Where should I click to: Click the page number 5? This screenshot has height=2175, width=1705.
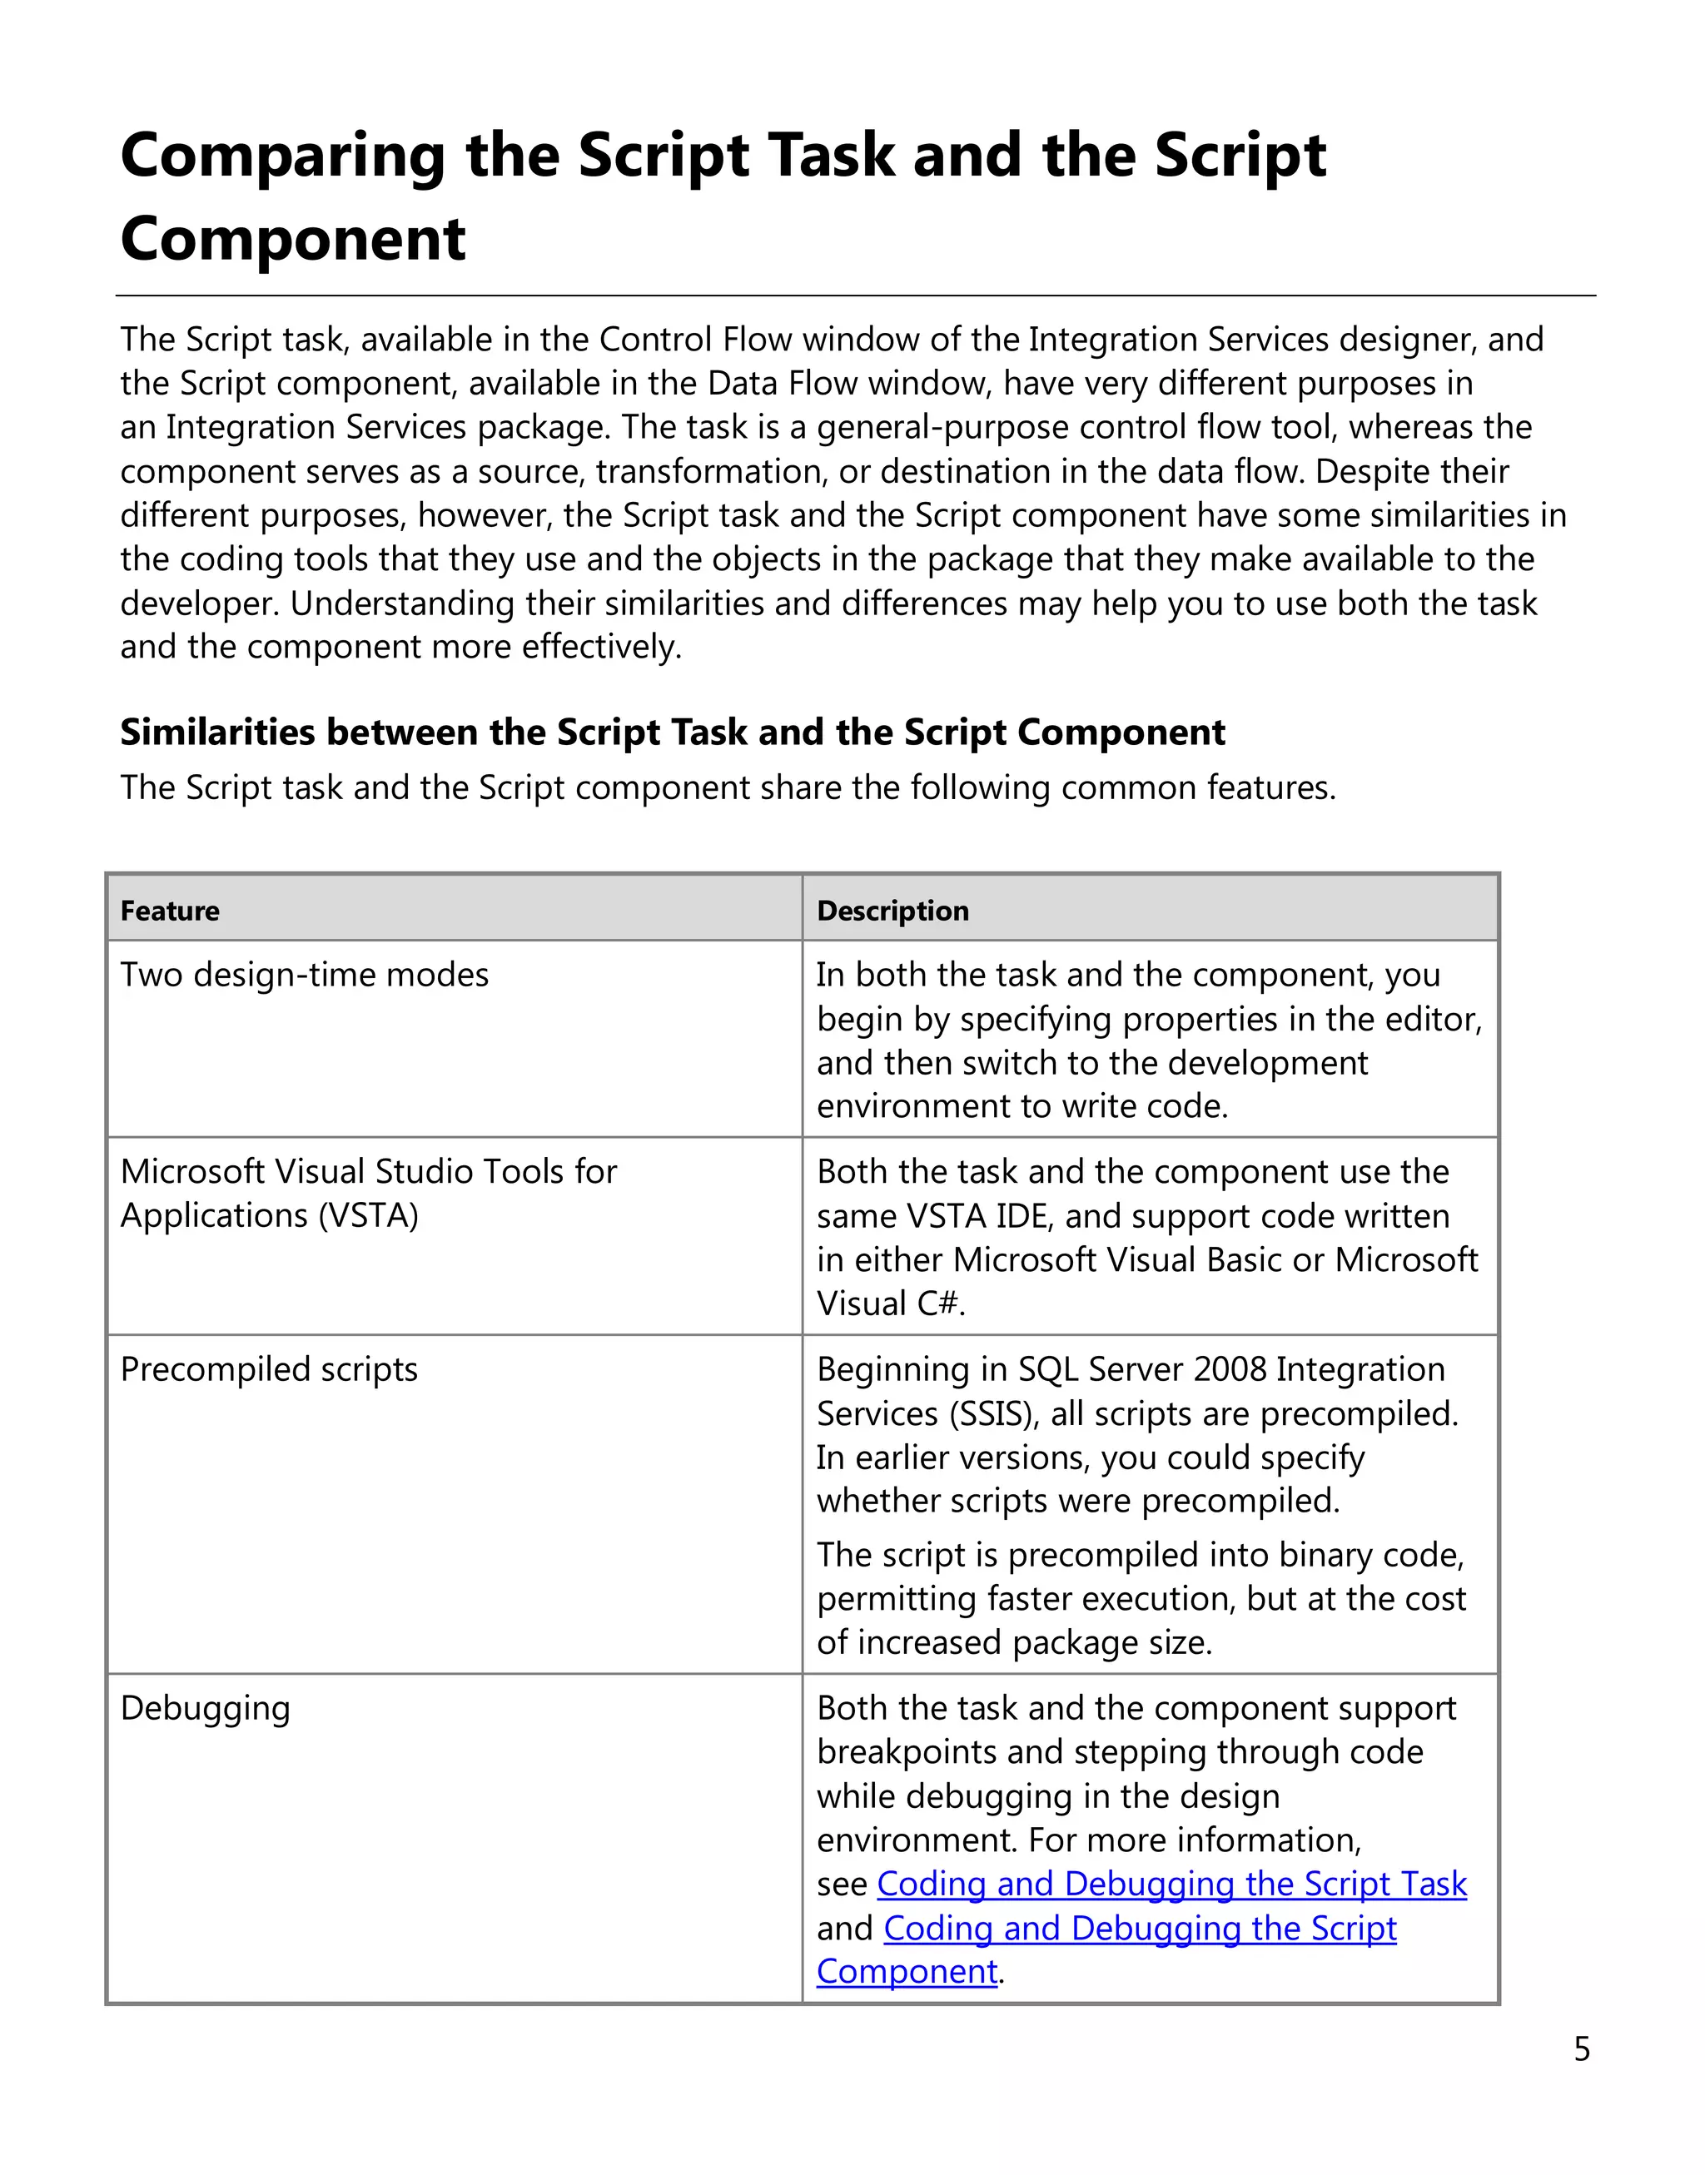pyautogui.click(x=1583, y=2049)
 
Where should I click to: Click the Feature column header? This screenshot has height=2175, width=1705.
pyautogui.click(x=170, y=911)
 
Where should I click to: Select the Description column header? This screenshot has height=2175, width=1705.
pyautogui.click(x=892, y=911)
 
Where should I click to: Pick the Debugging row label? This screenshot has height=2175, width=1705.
pyautogui.click(x=205, y=1708)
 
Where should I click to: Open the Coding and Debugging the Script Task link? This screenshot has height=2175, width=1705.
pyautogui.click(x=1171, y=1884)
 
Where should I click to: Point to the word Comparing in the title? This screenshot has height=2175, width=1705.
pyautogui.click(x=281, y=156)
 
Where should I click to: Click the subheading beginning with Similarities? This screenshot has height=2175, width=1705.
pyautogui.click(x=672, y=732)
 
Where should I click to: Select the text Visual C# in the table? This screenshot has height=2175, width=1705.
pyautogui.click(x=889, y=1304)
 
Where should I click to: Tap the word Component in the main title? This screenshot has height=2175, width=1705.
pyautogui.click(x=292, y=240)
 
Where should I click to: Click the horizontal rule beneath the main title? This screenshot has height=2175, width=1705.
pyautogui.click(x=854, y=295)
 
